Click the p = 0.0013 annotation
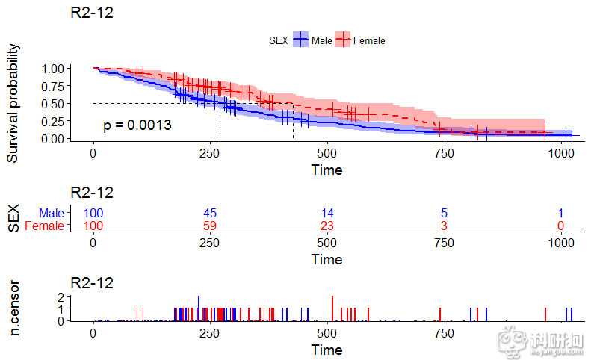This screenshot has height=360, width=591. click(137, 125)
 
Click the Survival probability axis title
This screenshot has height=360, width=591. click(13, 103)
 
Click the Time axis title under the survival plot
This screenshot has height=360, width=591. click(327, 170)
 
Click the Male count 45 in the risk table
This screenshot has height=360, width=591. click(210, 214)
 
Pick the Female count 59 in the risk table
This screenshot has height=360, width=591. click(210, 226)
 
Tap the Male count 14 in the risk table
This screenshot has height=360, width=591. click(327, 214)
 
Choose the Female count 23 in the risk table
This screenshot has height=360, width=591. click(327, 226)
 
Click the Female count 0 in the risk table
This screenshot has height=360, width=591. click(560, 226)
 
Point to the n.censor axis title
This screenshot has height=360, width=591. click(13, 308)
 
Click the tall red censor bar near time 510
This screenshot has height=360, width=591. click(331, 308)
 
